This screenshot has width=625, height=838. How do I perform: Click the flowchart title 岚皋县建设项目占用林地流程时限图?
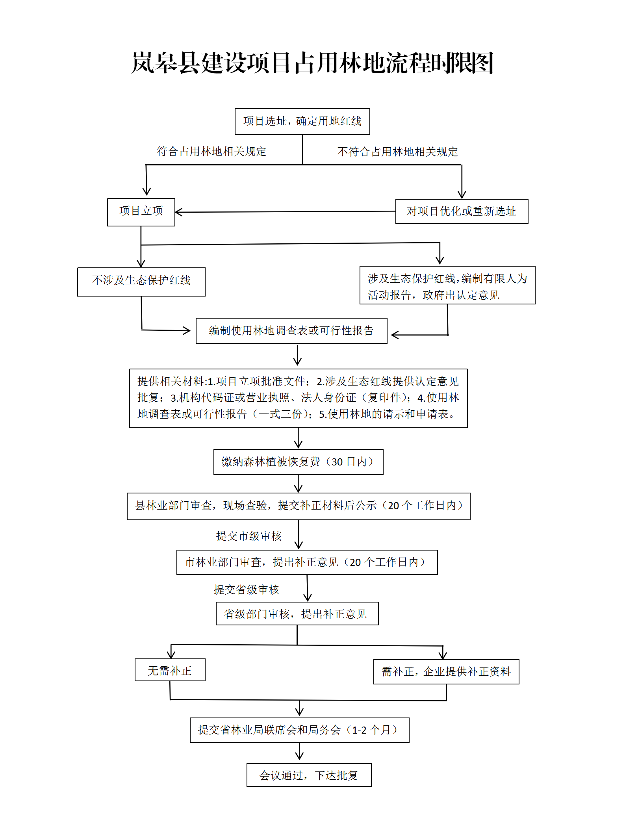(312, 63)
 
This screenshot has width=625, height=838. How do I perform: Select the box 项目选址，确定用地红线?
(302, 122)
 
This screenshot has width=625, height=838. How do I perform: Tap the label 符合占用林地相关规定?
(211, 152)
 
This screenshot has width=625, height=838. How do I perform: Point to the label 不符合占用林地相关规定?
(397, 152)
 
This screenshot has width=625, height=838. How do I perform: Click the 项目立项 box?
(141, 212)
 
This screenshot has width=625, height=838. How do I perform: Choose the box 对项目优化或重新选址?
(462, 211)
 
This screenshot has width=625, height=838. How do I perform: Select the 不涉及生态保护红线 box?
(141, 282)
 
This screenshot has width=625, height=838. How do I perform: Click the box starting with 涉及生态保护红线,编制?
(447, 285)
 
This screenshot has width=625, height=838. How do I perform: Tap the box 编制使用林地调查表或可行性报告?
(291, 331)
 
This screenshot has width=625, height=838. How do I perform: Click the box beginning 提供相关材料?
(299, 398)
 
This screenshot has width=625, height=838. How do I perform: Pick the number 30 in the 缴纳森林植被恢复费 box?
(337, 462)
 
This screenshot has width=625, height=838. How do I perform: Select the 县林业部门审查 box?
(299, 506)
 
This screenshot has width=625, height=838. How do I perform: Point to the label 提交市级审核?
(249, 536)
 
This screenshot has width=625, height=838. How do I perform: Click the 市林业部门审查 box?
(307, 562)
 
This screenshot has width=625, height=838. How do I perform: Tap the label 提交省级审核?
(246, 590)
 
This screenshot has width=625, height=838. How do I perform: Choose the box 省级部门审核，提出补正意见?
(297, 614)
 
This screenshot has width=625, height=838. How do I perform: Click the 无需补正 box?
(170, 670)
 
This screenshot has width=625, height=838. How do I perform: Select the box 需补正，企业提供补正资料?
(446, 672)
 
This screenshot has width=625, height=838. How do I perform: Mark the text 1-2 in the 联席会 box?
(359, 730)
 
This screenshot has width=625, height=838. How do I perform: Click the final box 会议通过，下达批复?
(309, 775)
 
